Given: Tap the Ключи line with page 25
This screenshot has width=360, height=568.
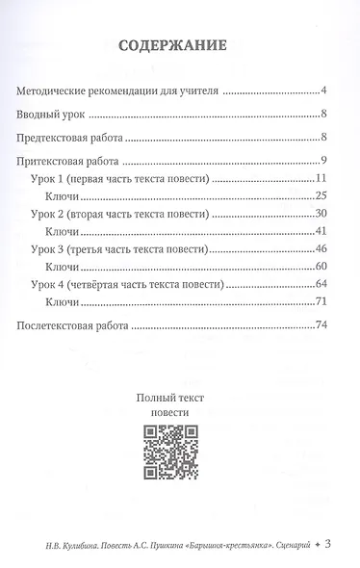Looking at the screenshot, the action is (62, 198).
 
